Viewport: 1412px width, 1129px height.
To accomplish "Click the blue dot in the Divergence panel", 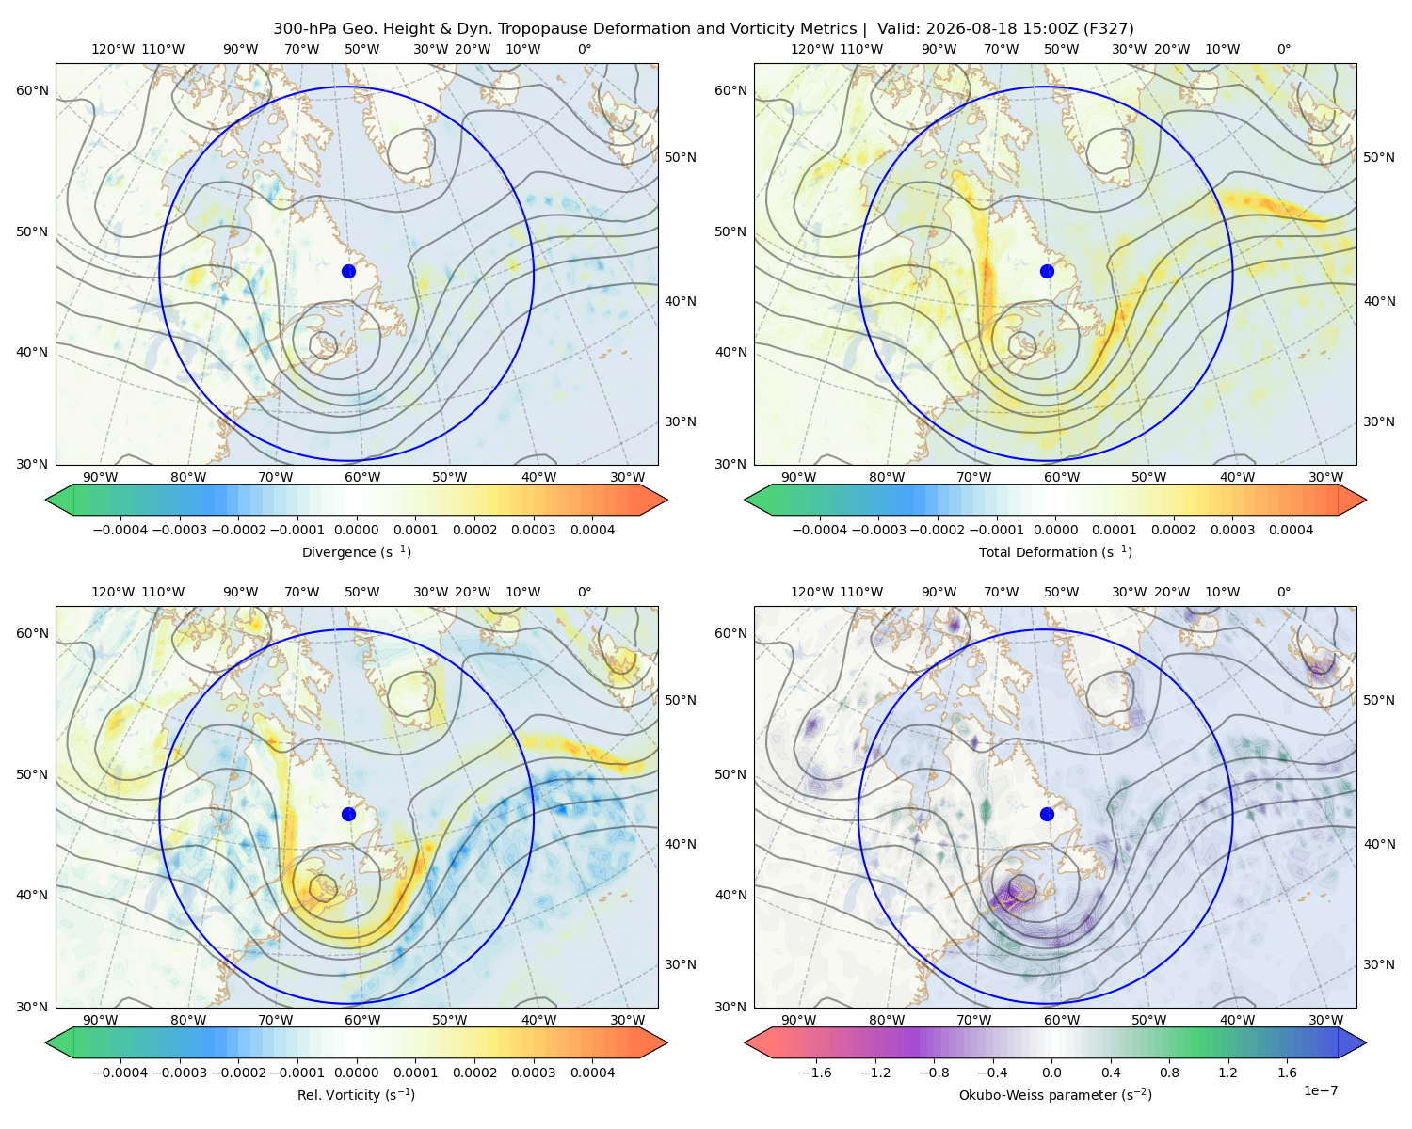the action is pyautogui.click(x=348, y=271).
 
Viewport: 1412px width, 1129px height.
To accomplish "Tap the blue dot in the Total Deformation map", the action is pyautogui.click(x=1047, y=271).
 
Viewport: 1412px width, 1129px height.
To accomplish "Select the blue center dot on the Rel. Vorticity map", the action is pyautogui.click(x=348, y=814).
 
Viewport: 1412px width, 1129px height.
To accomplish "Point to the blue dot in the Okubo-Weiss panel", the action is pyautogui.click(x=1047, y=814).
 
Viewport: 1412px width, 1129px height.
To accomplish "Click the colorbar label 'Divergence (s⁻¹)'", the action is pyautogui.click(x=356, y=551).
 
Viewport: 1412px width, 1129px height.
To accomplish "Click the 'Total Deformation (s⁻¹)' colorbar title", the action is pyautogui.click(x=1055, y=551).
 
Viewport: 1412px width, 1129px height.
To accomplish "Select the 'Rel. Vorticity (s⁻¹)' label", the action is pyautogui.click(x=356, y=1094).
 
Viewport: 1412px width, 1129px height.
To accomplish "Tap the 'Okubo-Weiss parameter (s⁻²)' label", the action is pyautogui.click(x=1055, y=1094).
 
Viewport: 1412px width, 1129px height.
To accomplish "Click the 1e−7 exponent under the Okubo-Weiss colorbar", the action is pyautogui.click(x=1320, y=1090).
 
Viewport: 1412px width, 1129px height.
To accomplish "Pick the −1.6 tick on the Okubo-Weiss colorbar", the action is pyautogui.click(x=816, y=1073).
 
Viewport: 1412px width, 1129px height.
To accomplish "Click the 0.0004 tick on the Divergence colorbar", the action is pyautogui.click(x=592, y=530).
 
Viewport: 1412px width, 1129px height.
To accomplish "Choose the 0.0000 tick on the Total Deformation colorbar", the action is pyautogui.click(x=1055, y=530).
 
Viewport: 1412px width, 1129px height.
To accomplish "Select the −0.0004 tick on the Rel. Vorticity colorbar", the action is pyautogui.click(x=120, y=1073).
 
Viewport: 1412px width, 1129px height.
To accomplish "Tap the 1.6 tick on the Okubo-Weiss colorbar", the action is pyautogui.click(x=1287, y=1073).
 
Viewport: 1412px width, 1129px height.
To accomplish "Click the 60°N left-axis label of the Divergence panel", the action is pyautogui.click(x=32, y=90).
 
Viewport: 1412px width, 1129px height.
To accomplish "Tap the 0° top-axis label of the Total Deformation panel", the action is pyautogui.click(x=1283, y=49).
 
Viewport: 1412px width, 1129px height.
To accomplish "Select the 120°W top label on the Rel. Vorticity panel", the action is pyautogui.click(x=113, y=592).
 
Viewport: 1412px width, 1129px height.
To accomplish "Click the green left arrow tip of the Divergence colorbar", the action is pyautogui.click(x=46, y=500).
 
